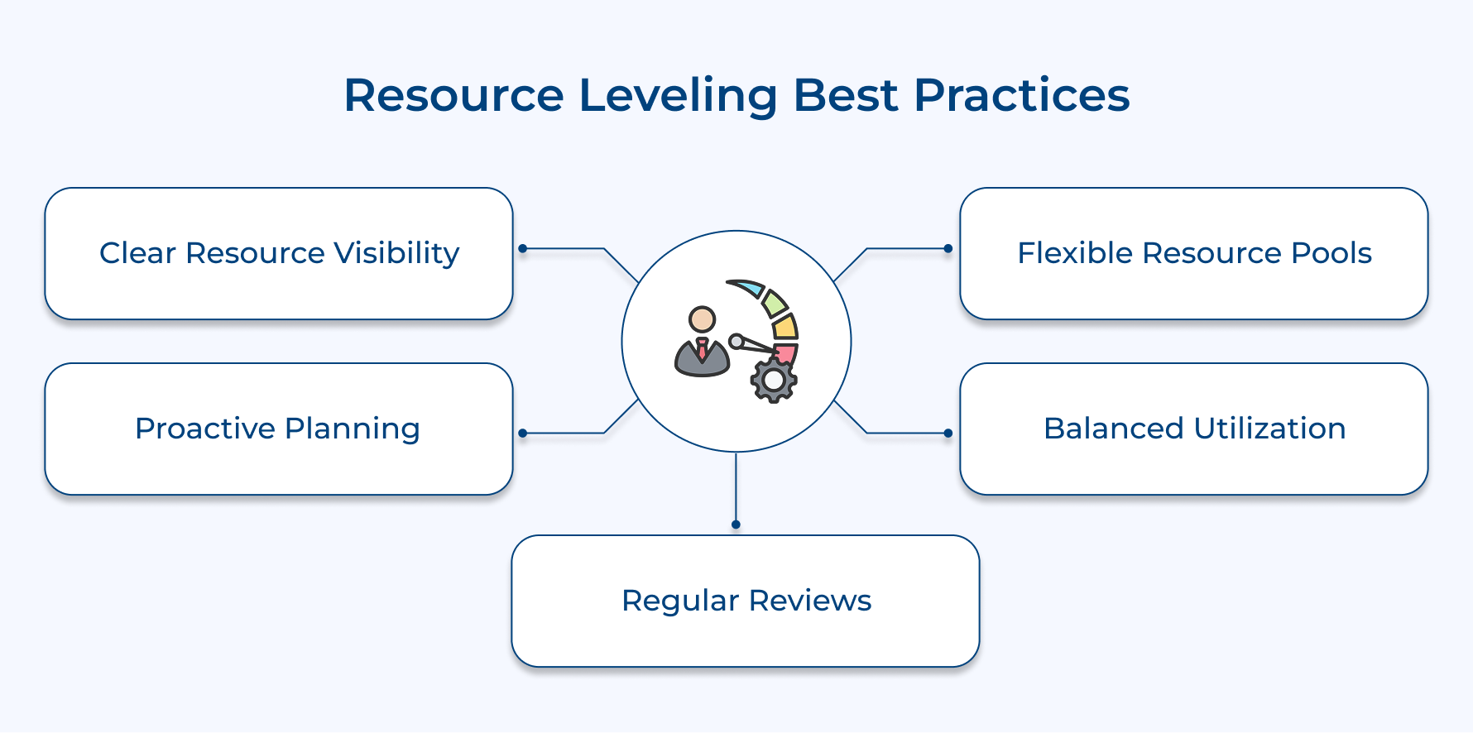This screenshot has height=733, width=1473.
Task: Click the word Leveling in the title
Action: click(678, 95)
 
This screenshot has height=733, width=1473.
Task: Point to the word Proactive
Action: click(204, 429)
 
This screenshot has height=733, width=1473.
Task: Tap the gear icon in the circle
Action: click(774, 381)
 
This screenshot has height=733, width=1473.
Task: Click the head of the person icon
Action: click(702, 319)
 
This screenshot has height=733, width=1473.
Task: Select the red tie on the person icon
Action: click(702, 348)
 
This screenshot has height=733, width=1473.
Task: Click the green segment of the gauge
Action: click(774, 304)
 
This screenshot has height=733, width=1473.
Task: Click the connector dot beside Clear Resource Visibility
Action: click(522, 248)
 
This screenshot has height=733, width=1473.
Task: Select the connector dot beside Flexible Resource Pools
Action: click(948, 248)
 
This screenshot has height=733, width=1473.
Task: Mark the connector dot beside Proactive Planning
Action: click(522, 433)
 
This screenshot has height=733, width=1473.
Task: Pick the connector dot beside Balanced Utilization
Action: click(948, 433)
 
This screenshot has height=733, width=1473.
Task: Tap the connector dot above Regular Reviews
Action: click(736, 525)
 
